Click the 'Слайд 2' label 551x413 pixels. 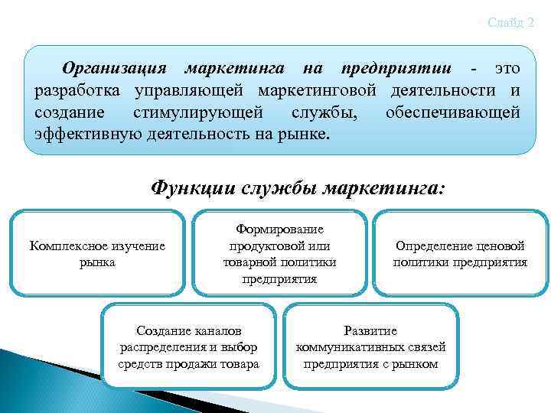[510, 23]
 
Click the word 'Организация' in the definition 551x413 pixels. [114, 69]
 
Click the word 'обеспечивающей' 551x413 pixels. [452, 112]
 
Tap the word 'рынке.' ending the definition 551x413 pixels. [305, 134]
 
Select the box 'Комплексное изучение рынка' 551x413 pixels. [97, 253]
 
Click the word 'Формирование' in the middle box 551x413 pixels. [279, 229]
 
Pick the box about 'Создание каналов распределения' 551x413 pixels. [188, 347]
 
